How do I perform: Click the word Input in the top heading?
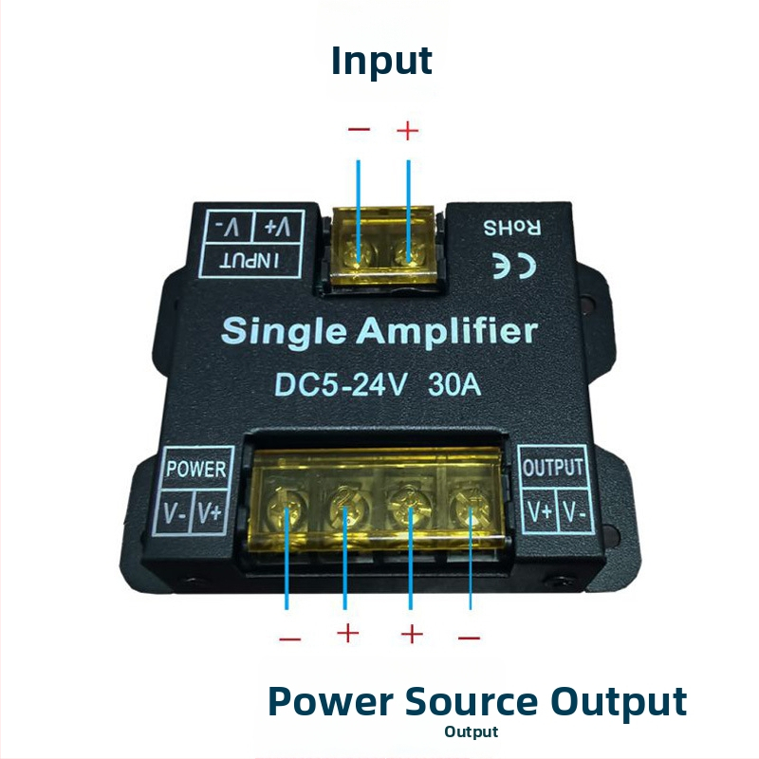(381, 61)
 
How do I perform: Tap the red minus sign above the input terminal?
(359, 130)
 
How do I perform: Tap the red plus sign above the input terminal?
(407, 130)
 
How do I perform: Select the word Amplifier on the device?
(448, 332)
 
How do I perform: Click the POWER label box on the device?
(196, 468)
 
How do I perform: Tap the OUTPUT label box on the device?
(554, 468)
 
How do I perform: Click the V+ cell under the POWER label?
(211, 513)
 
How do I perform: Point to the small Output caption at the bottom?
(471, 732)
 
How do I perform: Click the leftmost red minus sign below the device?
(289, 639)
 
